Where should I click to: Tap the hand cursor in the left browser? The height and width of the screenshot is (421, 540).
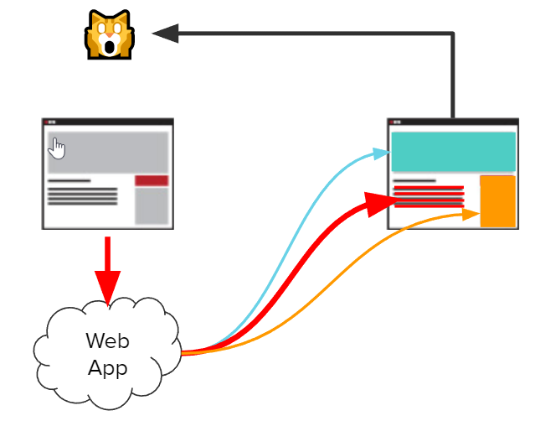pos(57,149)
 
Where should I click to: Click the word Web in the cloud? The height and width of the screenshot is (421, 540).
pos(107,341)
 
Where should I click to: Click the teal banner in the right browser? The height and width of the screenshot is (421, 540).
pos(452,152)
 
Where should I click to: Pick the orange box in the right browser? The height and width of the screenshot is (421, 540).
pos(496,201)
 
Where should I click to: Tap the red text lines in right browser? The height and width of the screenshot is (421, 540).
pos(428,196)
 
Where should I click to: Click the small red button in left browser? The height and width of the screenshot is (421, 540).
pos(152,180)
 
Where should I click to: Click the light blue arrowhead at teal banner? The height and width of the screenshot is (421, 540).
pos(383,153)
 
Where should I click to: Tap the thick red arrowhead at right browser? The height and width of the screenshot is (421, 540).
pos(381,201)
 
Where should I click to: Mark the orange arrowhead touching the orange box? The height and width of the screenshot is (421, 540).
pos(472,216)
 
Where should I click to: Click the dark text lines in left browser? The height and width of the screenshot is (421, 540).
pos(82,196)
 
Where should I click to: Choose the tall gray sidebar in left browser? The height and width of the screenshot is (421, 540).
pos(152,205)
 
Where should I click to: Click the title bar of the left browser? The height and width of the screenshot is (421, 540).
pos(108,122)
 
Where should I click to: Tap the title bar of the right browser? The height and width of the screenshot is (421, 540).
pos(452,122)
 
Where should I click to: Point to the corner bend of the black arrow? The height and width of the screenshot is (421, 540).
pos(453,34)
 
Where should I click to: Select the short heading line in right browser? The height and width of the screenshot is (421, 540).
pos(414,180)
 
